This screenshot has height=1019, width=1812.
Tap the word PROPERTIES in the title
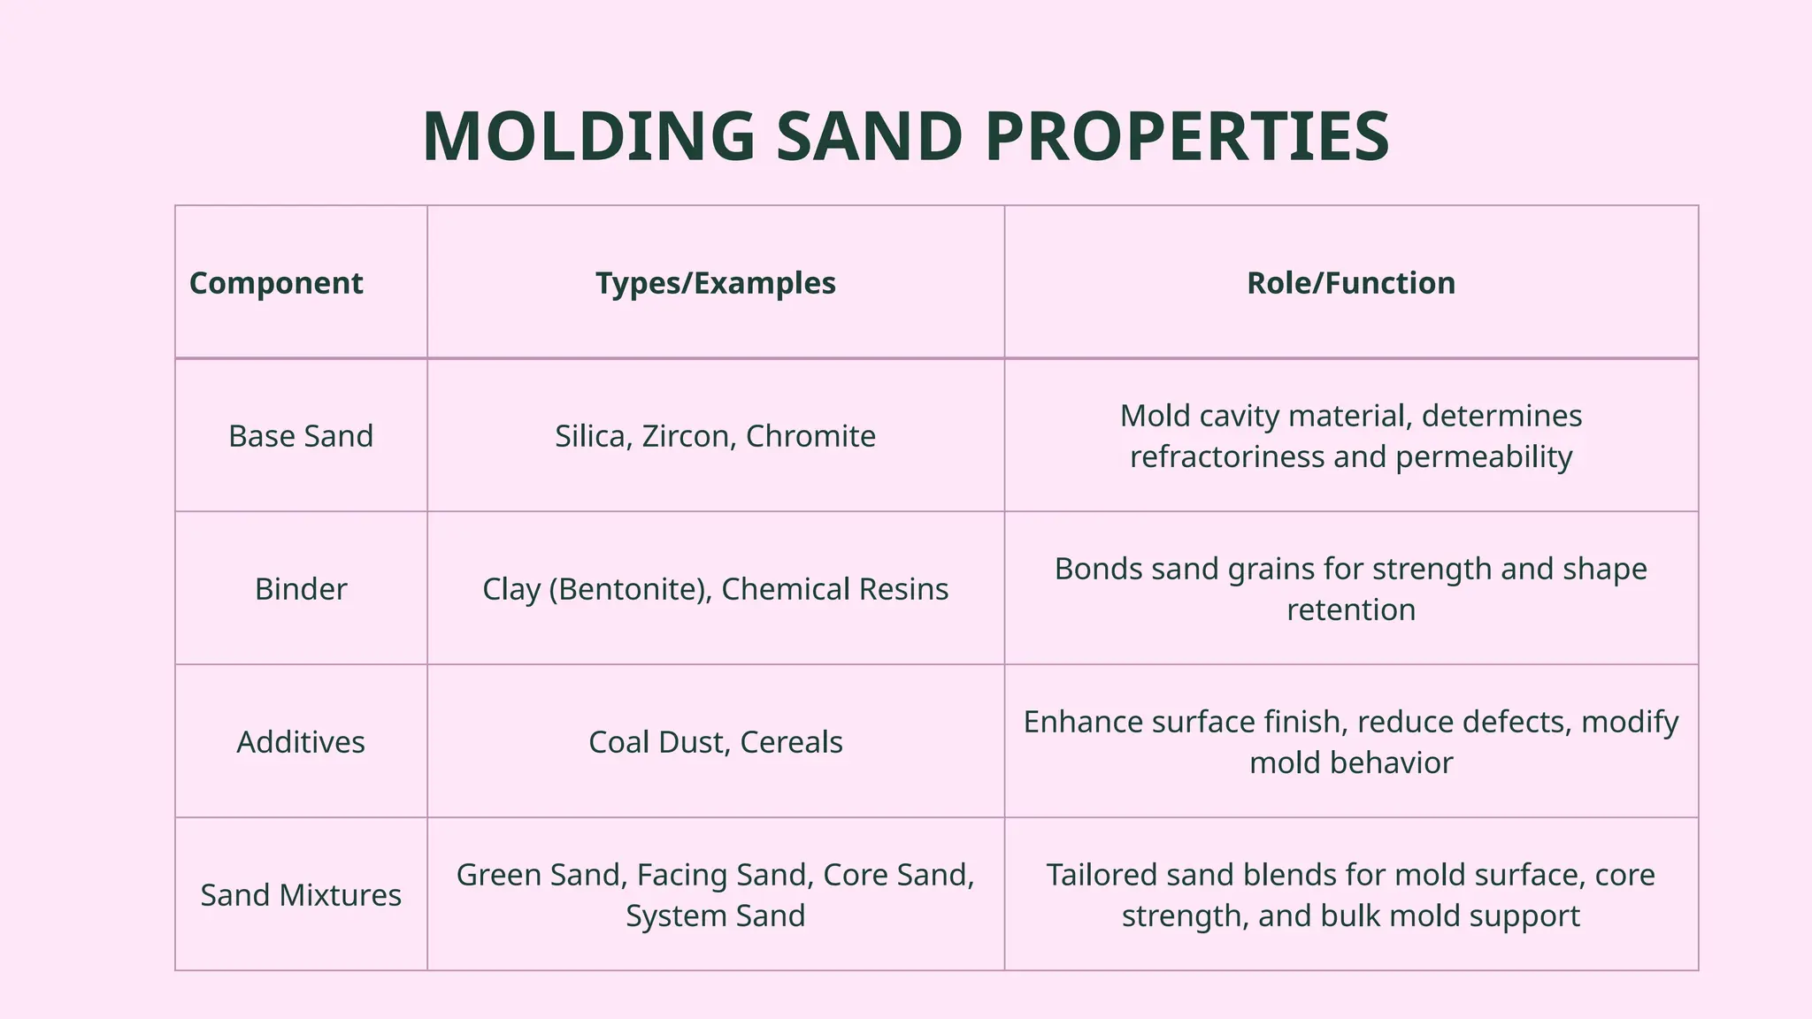[1186, 137]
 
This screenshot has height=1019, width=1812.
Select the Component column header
[276, 283]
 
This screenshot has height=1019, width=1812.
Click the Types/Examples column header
[715, 283]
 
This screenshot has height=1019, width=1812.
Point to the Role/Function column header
[1350, 283]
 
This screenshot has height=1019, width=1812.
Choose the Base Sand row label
[301, 436]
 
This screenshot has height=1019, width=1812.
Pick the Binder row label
[301, 589]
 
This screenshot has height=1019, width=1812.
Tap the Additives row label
[301, 742]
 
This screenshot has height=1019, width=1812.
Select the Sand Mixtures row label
[301, 895]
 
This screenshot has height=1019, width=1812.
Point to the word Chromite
[810, 436]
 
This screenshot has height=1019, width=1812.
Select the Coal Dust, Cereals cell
[715, 742]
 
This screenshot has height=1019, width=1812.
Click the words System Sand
[715, 916]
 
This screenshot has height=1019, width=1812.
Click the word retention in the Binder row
[1350, 609]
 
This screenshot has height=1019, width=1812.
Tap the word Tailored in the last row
[1102, 875]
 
